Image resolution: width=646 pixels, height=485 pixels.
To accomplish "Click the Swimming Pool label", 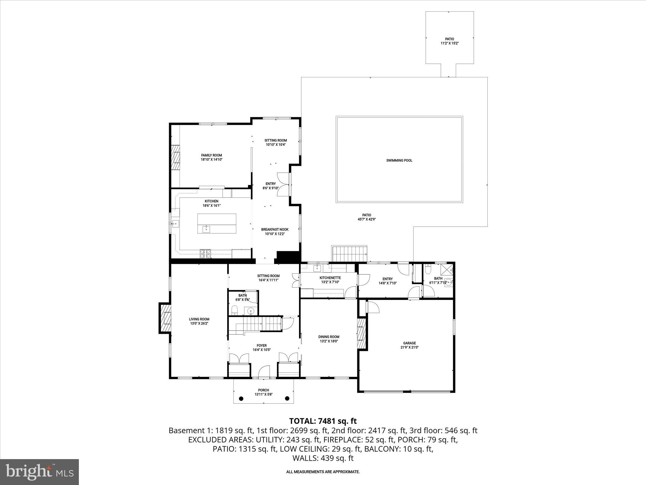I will pos(399,160).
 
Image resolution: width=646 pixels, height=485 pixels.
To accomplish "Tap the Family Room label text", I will pos(211,155).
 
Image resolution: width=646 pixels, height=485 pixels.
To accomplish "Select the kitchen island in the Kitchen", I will pos(217,224).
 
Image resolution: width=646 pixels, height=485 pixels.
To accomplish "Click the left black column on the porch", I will pos(241,398).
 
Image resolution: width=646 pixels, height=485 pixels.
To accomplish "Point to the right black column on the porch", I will pos(287,398).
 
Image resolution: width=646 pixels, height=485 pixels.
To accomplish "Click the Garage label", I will pos(409,343).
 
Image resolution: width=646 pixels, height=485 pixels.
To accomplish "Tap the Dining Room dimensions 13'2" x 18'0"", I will pos(329,341).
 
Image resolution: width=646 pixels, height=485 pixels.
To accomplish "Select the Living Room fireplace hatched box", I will pos(166,318).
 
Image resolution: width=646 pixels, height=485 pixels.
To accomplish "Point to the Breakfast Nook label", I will pos(274,230).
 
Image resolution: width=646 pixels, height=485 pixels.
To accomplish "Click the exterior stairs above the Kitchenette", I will pos(349,254).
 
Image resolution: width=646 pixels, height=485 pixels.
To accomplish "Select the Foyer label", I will pos(261,345).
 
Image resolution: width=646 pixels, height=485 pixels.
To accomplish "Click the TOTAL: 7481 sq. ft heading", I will pos(323,421).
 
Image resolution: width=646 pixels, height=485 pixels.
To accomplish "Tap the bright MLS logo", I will pos(39,472).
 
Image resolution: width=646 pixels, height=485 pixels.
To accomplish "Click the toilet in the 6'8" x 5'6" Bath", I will pos(235,310).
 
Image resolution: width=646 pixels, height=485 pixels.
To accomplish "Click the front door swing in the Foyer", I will pos(264,372).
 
